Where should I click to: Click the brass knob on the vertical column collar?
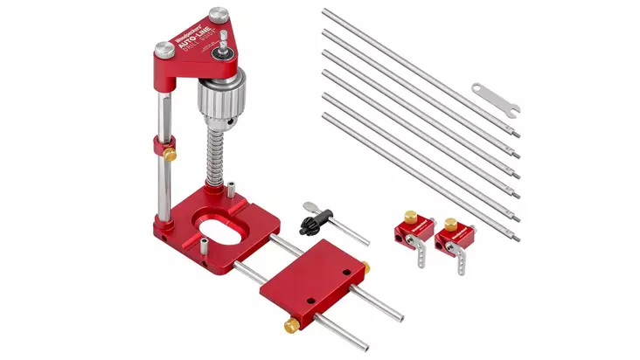pyautogui.click(x=171, y=154)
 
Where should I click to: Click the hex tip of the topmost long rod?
pyautogui.click(x=517, y=134)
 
